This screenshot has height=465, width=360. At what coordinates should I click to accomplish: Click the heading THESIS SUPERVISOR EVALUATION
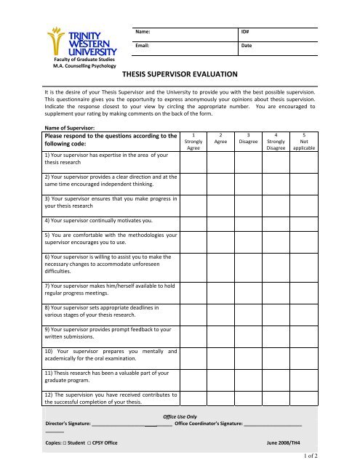click(x=180, y=74)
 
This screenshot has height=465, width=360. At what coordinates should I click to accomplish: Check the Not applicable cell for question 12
click(x=303, y=397)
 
